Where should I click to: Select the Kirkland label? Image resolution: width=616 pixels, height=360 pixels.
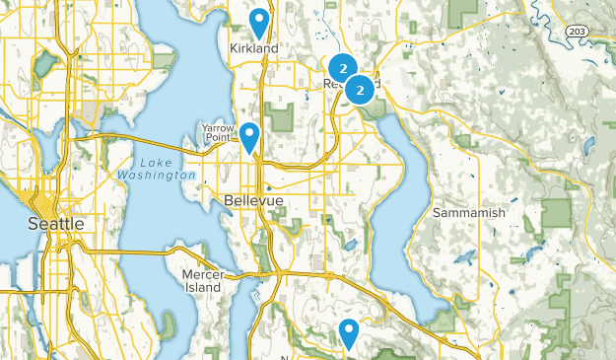coord(253,48)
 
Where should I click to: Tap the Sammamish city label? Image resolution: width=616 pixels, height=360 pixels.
coord(469,212)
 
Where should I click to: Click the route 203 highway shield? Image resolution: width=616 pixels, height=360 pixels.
coord(579,32)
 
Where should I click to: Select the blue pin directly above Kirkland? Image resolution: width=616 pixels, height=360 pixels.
coord(259,22)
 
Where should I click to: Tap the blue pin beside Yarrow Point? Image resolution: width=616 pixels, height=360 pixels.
coord(249,135)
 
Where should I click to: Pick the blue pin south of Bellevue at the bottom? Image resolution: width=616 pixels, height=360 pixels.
coord(348,332)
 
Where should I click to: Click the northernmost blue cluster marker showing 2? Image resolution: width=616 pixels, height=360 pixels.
coord(341,68)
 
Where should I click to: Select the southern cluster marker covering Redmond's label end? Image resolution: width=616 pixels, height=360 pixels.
coord(361,89)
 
